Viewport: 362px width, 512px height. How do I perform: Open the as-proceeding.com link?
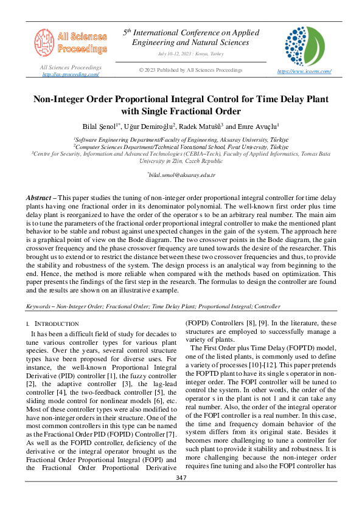(x=71, y=74)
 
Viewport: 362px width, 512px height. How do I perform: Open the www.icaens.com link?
(x=304, y=71)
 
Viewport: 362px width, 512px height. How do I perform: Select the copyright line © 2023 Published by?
(x=191, y=70)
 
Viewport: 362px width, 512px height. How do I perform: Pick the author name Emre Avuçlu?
(x=258, y=126)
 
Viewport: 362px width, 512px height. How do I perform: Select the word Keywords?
(x=40, y=307)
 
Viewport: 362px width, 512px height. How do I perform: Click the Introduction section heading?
(x=55, y=323)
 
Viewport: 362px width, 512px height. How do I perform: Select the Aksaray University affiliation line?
(x=181, y=139)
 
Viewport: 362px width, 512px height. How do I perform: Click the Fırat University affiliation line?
(x=181, y=147)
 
